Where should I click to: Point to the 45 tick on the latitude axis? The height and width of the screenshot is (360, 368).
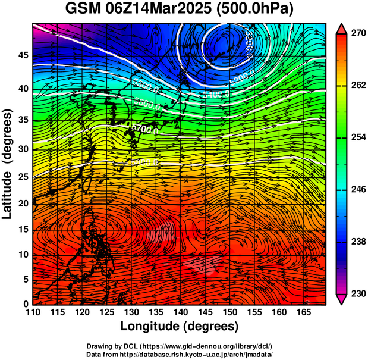(23, 55)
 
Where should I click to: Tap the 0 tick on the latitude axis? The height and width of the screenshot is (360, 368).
(26, 304)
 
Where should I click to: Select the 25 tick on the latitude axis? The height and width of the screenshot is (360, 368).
(23, 176)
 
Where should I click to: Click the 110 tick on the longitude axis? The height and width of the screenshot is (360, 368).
(33, 312)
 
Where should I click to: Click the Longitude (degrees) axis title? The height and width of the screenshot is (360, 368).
(179, 326)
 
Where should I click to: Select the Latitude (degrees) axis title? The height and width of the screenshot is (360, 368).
(8, 164)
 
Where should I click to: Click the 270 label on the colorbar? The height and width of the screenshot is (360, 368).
(357, 34)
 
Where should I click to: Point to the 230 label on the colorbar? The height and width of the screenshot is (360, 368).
(357, 294)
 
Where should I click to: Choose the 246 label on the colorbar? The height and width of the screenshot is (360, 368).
(357, 190)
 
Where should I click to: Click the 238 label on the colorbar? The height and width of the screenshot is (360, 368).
(357, 242)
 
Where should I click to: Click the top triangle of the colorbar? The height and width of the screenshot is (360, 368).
(341, 29)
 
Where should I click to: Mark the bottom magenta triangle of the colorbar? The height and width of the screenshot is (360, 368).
(341, 299)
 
